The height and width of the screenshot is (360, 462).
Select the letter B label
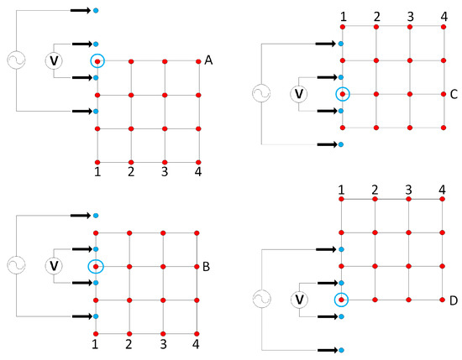pyautogui.click(x=207, y=267)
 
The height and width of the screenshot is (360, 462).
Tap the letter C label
pyautogui.click(x=454, y=94)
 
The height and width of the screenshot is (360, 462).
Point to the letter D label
pyautogui.click(x=454, y=300)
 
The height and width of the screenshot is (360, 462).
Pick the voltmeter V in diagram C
pyautogui.click(x=297, y=94)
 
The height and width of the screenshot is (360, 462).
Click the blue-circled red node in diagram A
pyautogui.click(x=97, y=60)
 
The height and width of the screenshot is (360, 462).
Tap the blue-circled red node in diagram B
pyautogui.click(x=97, y=266)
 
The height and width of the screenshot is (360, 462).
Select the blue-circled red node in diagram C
pyautogui.click(x=343, y=94)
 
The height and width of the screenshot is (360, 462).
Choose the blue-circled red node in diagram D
pyautogui.click(x=342, y=300)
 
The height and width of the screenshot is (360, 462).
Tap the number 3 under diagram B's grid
pyautogui.click(x=163, y=345)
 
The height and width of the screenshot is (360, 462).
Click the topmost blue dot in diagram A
pyautogui.click(x=96, y=10)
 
